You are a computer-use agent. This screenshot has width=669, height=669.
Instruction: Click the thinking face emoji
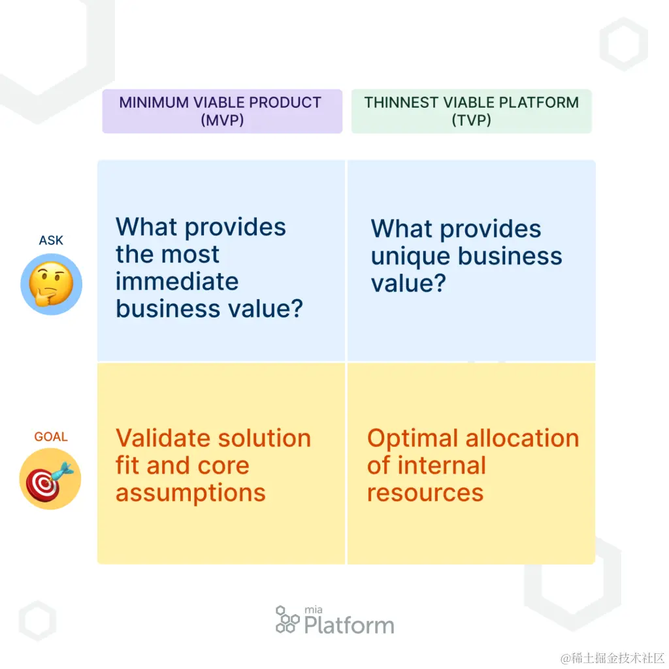(51, 284)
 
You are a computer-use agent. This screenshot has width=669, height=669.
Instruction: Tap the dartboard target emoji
(50, 479)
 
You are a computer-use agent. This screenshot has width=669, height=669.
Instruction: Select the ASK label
(51, 240)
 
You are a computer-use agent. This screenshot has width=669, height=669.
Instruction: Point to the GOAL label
(51, 436)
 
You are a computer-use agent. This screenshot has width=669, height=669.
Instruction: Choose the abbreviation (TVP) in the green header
(471, 120)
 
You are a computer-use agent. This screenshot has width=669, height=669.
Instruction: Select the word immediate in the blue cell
(177, 282)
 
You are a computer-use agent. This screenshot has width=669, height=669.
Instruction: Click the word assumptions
(191, 493)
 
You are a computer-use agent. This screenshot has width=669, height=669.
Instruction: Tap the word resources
(425, 493)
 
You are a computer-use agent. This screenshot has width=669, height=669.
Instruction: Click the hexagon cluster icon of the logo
(287, 619)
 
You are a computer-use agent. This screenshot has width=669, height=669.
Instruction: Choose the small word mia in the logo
(314, 610)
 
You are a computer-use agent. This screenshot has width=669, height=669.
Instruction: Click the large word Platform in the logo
(349, 625)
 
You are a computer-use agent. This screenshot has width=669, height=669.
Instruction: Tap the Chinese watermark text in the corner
(613, 657)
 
